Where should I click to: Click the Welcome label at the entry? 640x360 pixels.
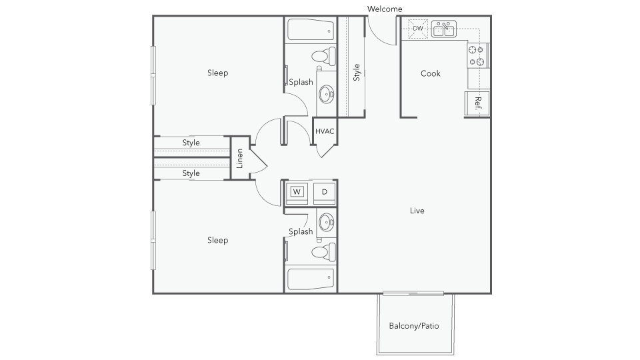(x=385, y=9)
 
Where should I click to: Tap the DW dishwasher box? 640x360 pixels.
(x=417, y=29)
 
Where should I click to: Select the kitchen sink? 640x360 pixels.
(x=444, y=29)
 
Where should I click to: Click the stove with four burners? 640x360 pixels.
(x=477, y=55)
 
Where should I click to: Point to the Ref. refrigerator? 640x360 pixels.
(x=477, y=103)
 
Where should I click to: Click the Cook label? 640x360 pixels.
(x=431, y=73)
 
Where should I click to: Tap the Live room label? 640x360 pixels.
(x=417, y=211)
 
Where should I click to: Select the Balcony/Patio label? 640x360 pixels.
(x=414, y=326)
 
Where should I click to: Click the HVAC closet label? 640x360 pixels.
(x=325, y=131)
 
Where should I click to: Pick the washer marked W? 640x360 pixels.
(x=297, y=192)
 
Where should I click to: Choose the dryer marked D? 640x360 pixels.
(x=325, y=192)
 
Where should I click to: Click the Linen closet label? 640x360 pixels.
(x=239, y=159)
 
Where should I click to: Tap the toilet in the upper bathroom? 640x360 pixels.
(x=324, y=56)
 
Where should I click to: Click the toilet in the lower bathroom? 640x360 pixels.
(x=324, y=252)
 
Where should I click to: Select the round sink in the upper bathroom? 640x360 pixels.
(x=326, y=94)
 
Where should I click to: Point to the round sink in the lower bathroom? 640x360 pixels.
(x=326, y=223)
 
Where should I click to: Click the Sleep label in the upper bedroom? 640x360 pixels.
(x=217, y=73)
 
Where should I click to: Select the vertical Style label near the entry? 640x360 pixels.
(x=356, y=72)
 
